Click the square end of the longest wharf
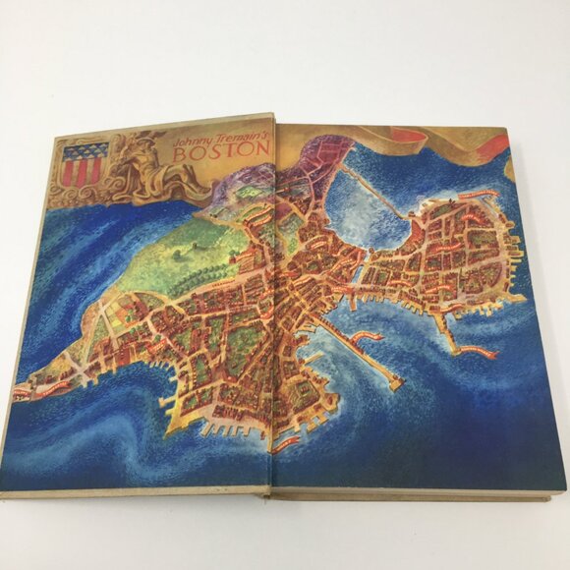pos(395,384)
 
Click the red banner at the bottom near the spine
pos(285,443)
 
